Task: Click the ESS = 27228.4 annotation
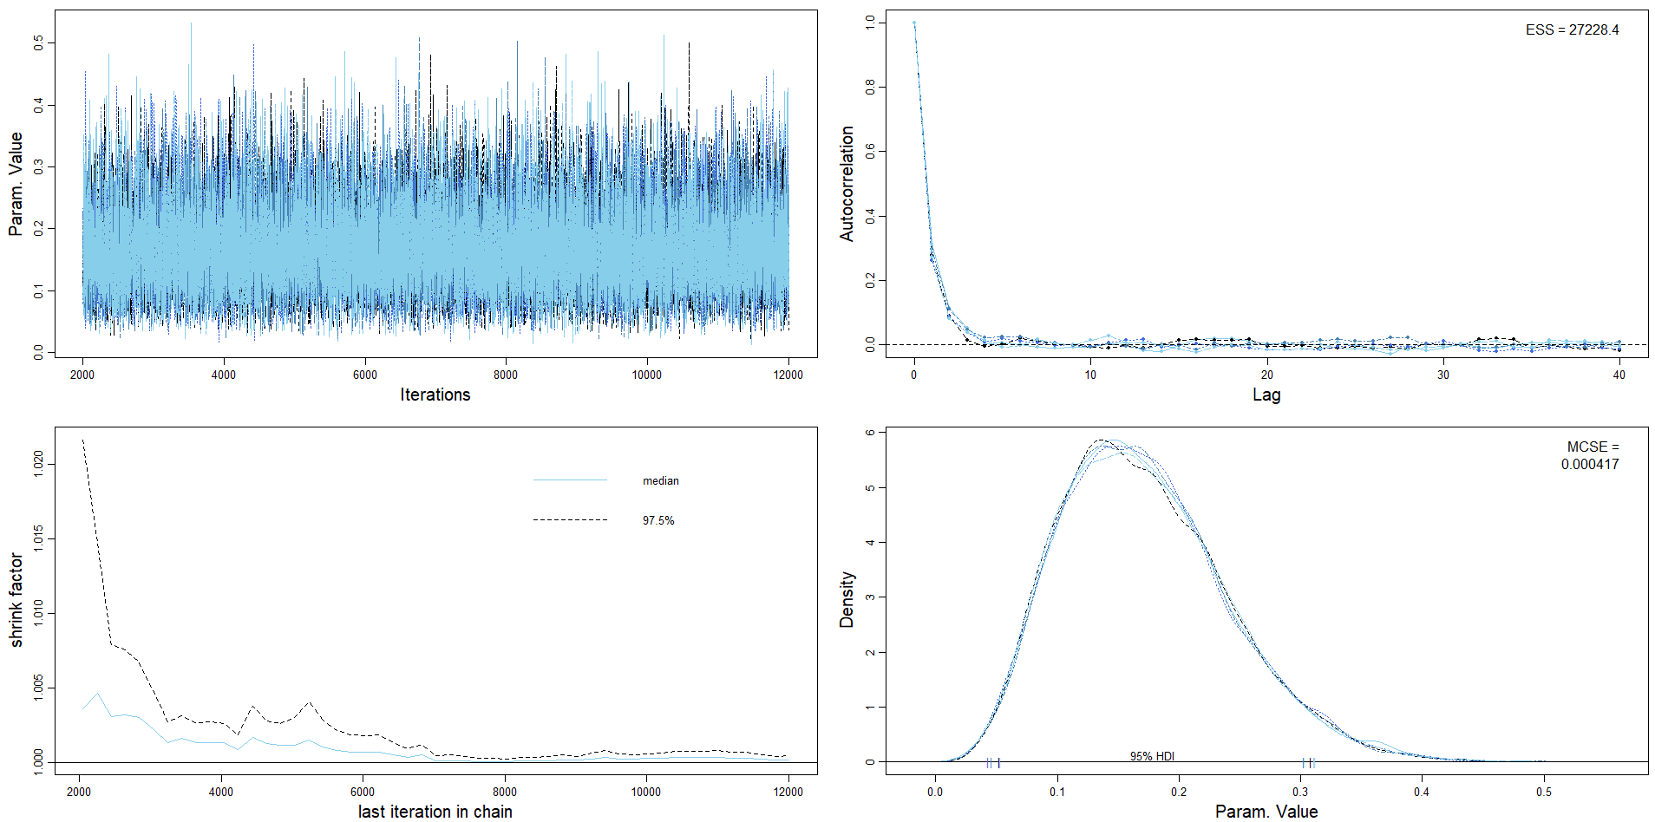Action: click(1572, 29)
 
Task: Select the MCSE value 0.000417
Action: click(1590, 464)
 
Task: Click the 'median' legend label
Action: click(660, 480)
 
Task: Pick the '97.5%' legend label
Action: click(658, 520)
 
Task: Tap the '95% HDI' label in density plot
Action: click(1152, 756)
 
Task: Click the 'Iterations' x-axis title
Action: click(435, 395)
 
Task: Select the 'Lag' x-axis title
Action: click(1266, 395)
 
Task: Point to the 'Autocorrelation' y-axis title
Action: click(847, 183)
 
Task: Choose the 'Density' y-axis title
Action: click(847, 599)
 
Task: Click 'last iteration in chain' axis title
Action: click(435, 812)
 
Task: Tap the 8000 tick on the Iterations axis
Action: click(506, 375)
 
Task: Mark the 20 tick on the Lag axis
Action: click(1266, 375)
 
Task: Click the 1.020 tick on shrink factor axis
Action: click(37, 464)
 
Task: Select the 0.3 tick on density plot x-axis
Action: click(1300, 791)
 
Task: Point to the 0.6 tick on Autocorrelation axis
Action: click(870, 151)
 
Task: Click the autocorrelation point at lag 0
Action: click(913, 23)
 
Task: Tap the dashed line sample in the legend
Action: click(569, 520)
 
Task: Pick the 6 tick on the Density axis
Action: click(870, 432)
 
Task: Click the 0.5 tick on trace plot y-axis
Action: click(37, 42)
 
